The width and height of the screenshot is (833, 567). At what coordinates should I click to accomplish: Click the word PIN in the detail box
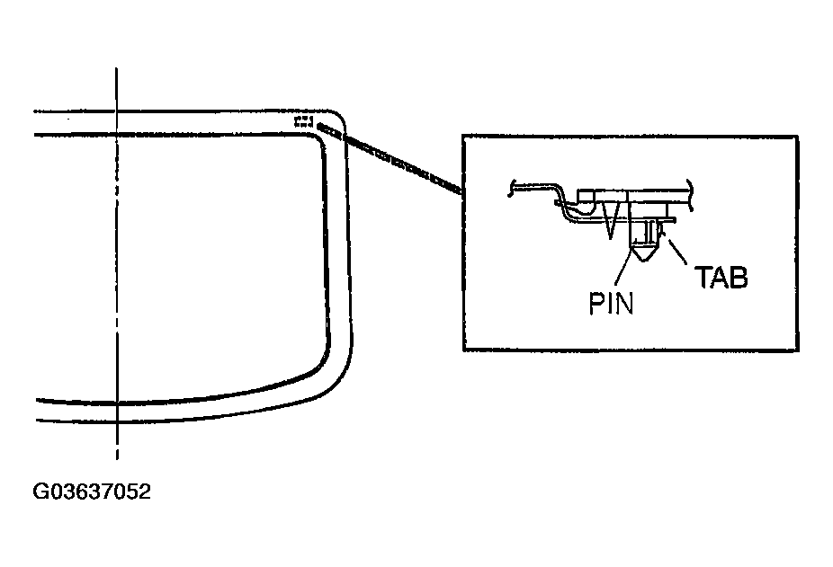[x=611, y=303]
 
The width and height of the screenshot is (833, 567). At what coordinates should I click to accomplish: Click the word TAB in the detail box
[x=721, y=277]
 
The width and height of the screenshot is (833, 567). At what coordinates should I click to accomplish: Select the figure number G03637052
[x=92, y=492]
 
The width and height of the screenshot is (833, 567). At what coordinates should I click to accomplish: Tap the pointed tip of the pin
[x=644, y=261]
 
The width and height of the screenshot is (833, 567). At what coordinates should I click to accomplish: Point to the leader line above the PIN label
[x=623, y=270]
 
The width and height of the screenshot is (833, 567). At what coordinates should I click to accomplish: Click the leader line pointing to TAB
[x=676, y=252]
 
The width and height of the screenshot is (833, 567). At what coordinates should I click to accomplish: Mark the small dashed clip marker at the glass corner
[x=303, y=121]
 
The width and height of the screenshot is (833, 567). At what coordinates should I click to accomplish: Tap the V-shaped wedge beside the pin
[x=610, y=220]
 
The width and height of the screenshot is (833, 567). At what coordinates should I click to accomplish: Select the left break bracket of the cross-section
[x=511, y=188]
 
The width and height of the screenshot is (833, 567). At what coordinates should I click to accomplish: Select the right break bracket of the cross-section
[x=690, y=194]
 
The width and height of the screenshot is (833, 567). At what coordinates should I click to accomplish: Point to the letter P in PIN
[x=596, y=303]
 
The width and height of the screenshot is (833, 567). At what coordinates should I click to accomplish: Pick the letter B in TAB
[x=739, y=277]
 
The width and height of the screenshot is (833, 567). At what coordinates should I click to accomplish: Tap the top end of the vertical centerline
[x=117, y=68]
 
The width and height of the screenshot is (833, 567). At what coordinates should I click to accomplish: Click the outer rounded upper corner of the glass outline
[x=339, y=117]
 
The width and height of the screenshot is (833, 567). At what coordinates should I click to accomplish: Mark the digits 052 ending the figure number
[x=134, y=492]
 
